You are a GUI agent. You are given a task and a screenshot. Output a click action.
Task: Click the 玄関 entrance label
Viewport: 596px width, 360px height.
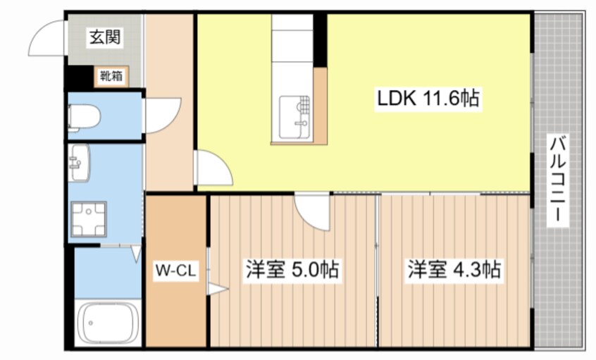click(x=104, y=38)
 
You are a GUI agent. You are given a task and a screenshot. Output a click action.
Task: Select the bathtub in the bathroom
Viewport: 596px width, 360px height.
click(x=107, y=323)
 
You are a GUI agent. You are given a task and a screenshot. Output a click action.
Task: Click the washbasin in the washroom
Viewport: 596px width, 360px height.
click(x=79, y=163)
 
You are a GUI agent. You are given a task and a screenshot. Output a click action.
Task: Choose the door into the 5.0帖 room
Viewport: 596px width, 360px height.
click(x=312, y=210)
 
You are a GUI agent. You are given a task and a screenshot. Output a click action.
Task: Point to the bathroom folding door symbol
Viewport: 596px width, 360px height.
click(x=133, y=252)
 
